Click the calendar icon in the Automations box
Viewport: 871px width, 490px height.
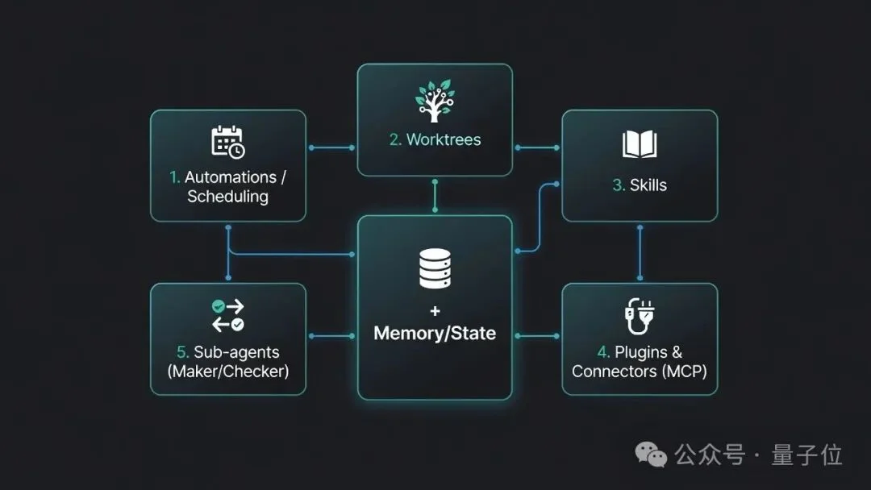(x=227, y=142)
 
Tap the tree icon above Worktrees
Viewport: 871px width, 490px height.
(x=435, y=101)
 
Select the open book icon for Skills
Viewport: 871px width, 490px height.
(x=640, y=144)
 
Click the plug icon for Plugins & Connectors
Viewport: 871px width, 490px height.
(x=640, y=316)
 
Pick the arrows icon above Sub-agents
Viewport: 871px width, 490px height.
(x=227, y=315)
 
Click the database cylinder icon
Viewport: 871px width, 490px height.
(x=435, y=268)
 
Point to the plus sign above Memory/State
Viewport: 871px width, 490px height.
(x=435, y=311)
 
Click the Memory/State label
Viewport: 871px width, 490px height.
(x=435, y=333)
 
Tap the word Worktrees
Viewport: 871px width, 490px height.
(x=444, y=139)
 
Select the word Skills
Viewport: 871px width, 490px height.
(x=648, y=185)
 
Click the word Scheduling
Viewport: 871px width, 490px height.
(x=227, y=197)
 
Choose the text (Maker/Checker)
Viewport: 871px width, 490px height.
(x=227, y=371)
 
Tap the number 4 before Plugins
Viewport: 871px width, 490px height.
(x=603, y=352)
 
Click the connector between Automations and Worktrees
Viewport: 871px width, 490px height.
(x=331, y=147)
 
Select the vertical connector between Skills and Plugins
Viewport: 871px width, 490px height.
(x=640, y=252)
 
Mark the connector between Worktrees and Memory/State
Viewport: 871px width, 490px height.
(x=435, y=196)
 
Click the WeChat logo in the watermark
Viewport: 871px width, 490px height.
(x=651, y=455)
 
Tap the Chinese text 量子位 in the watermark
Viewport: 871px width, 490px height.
(x=806, y=455)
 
